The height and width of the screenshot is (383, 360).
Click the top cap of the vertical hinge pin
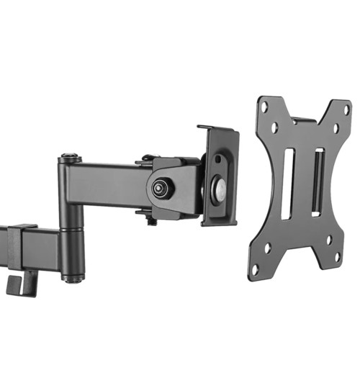(70, 157)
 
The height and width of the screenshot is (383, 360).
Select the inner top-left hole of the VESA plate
(275, 127)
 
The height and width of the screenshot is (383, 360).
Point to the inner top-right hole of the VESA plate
(336, 129)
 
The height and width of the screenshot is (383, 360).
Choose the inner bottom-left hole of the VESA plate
(267, 248)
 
